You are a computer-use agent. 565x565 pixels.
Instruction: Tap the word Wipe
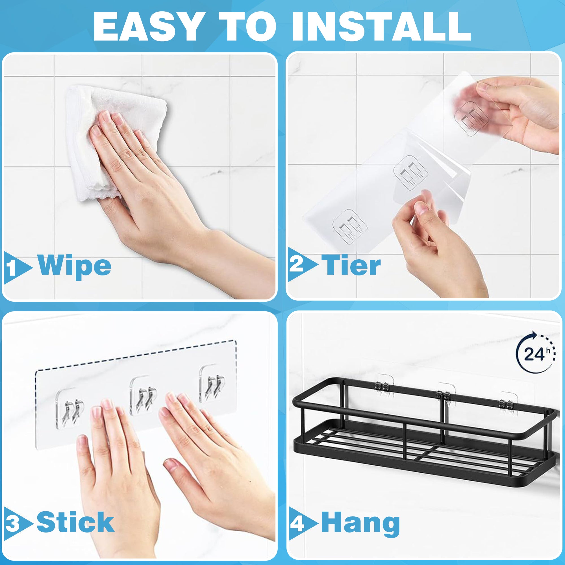[75, 265]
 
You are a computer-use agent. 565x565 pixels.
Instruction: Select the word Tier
[351, 265]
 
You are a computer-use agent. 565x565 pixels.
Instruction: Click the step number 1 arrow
[17, 268]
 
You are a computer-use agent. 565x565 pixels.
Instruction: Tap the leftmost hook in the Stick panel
[69, 407]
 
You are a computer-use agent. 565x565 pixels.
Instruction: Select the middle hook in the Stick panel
[144, 395]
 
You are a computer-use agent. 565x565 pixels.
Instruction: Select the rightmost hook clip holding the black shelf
[507, 404]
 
